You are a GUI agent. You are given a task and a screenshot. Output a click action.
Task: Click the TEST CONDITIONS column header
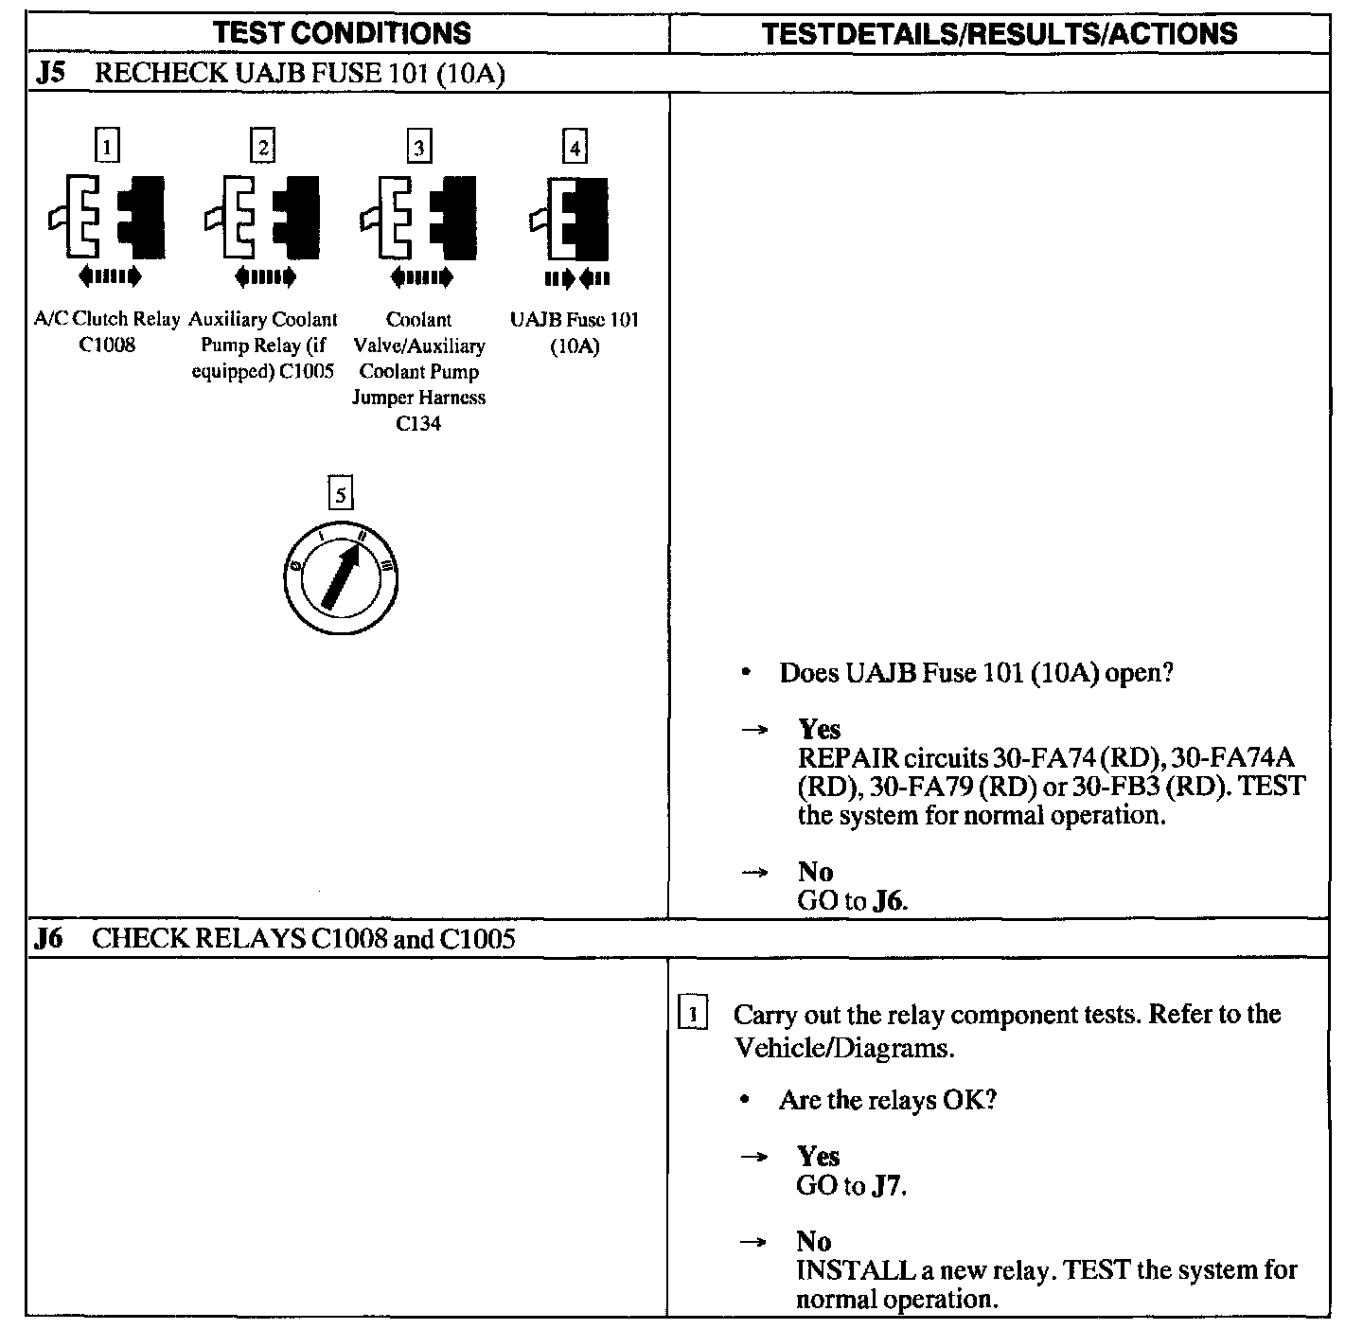342,33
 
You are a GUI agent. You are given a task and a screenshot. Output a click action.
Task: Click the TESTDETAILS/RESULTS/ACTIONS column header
999,34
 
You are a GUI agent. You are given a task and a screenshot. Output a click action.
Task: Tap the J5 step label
50,73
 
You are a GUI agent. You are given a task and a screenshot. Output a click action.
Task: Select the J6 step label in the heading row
49,938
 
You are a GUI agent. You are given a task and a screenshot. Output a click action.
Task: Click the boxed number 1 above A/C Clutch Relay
108,147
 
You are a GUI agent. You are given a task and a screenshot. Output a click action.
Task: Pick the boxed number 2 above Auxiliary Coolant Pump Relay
263,147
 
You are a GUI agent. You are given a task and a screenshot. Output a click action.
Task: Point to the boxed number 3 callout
418,147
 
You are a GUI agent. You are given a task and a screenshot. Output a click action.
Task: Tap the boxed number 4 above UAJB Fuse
574,147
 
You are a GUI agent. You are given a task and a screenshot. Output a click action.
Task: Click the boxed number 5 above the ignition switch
340,493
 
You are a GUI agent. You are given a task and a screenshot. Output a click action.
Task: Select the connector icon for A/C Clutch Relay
107,217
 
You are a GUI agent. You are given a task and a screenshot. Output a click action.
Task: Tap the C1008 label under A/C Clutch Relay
107,346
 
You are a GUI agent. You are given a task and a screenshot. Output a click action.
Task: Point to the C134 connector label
418,423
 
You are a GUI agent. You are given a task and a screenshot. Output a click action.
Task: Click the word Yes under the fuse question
819,729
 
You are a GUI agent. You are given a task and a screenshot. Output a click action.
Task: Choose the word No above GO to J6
814,871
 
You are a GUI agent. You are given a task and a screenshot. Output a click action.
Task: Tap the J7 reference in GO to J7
888,1185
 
